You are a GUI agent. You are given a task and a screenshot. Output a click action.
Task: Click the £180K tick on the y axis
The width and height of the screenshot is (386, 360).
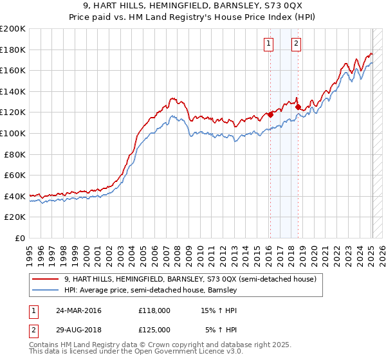click(13, 50)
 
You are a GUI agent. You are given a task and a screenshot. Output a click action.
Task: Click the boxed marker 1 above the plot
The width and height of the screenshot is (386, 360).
click(268, 44)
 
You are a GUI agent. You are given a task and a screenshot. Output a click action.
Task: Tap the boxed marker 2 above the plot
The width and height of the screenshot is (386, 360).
click(296, 44)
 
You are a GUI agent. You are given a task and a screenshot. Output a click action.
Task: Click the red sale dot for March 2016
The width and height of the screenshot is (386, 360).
click(271, 114)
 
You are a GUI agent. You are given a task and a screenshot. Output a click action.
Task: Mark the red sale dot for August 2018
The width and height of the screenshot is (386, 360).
click(299, 107)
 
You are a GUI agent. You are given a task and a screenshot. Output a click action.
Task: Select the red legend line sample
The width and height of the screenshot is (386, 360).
click(46, 280)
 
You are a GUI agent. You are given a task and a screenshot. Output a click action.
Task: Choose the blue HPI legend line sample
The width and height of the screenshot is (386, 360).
click(46, 291)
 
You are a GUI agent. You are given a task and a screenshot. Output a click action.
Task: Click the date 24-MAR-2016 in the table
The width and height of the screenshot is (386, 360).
click(79, 311)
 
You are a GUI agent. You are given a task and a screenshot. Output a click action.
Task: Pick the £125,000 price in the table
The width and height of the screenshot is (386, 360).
click(154, 329)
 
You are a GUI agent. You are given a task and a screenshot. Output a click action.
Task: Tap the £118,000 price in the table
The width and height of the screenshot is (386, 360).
click(154, 311)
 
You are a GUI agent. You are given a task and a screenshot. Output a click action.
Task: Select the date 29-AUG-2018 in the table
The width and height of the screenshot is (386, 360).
click(79, 329)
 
